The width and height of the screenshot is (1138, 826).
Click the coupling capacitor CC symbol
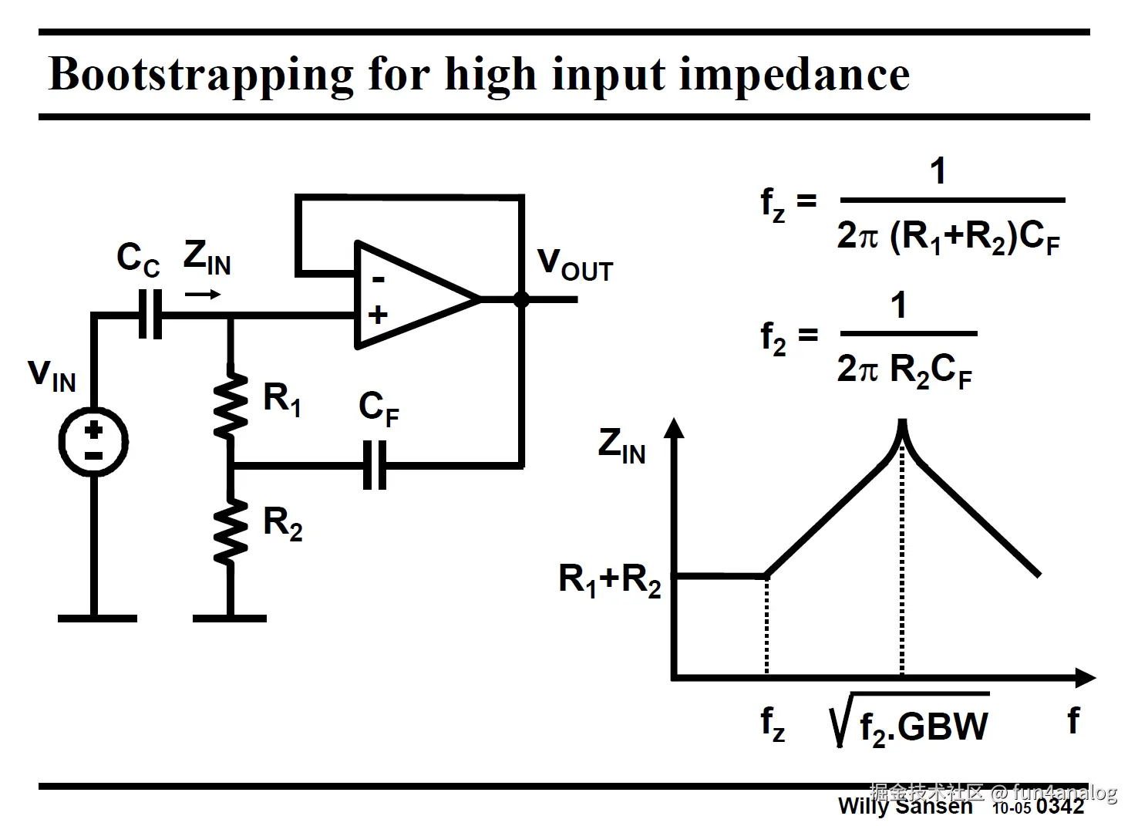click(150, 315)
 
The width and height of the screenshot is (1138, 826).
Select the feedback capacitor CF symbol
click(375, 466)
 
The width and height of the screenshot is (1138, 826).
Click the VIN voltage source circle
click(93, 442)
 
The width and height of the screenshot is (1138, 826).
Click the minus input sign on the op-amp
click(378, 278)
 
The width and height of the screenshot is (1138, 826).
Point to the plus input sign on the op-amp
click(378, 315)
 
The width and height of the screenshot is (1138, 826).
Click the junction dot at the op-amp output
click(522, 299)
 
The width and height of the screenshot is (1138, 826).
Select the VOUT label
click(574, 265)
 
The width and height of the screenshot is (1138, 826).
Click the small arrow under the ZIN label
click(204, 294)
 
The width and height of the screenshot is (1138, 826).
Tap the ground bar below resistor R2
click(230, 618)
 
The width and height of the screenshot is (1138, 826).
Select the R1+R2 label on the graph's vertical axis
click(610, 579)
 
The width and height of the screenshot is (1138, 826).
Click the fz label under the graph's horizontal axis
click(773, 723)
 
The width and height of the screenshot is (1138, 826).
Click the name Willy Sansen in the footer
click(905, 807)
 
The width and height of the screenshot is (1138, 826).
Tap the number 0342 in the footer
click(1060, 807)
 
